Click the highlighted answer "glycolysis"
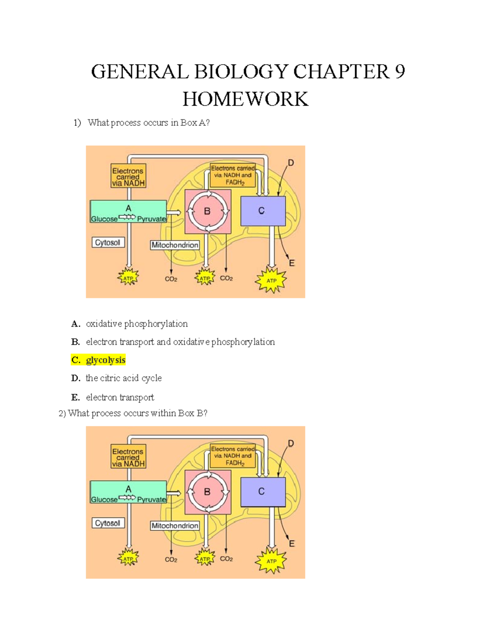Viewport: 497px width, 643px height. coord(106,360)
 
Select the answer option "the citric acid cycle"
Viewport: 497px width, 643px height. coord(124,378)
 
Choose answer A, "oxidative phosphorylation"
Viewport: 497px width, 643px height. coord(137,324)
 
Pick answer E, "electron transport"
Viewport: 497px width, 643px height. coord(120,397)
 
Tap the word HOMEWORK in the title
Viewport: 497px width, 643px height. coord(245,99)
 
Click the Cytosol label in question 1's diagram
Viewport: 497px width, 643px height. coord(108,242)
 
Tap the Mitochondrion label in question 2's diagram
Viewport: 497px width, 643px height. coord(175,526)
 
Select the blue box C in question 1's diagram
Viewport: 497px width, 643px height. coord(263,211)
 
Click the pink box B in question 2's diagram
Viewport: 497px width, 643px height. coord(208,492)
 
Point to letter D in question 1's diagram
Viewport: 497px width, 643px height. coord(291,163)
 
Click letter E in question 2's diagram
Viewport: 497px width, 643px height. coord(292,544)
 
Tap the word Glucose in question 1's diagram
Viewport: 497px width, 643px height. coord(104,219)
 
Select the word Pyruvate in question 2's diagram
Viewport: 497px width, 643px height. coord(152,499)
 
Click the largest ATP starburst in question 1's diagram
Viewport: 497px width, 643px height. coord(271,280)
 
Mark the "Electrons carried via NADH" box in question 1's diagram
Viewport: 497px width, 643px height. coord(128,176)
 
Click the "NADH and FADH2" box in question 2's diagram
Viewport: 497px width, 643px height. coord(233,456)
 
